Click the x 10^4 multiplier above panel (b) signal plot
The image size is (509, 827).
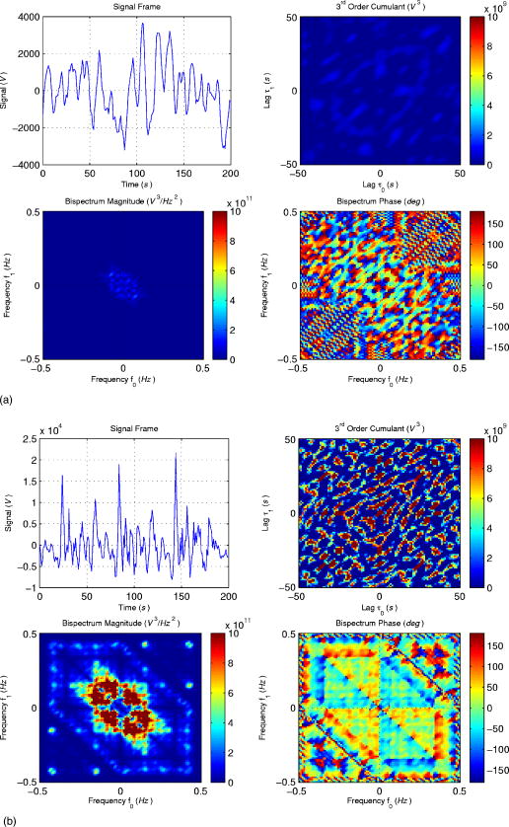click(53, 430)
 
